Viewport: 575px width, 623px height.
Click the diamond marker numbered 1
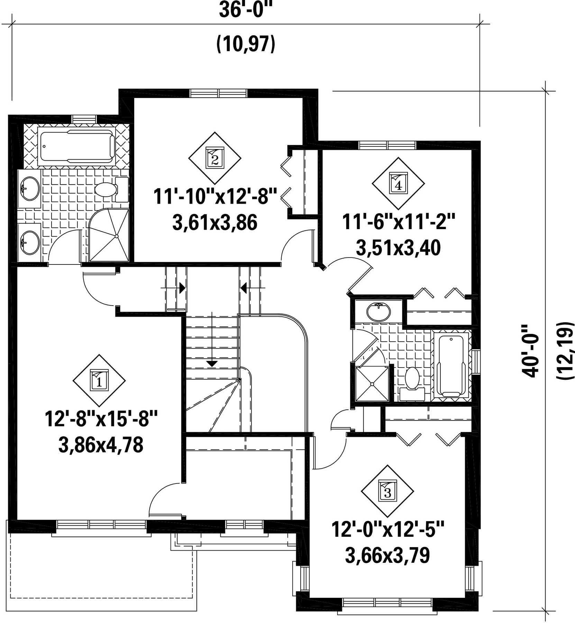(99, 380)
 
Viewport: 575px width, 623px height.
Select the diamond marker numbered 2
(215, 158)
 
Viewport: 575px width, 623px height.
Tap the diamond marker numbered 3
(387, 491)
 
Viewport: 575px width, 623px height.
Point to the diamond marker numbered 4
(398, 183)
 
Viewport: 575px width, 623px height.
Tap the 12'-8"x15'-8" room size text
(101, 418)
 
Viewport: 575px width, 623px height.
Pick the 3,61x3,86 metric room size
(215, 223)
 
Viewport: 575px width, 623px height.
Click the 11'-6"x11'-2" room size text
(398, 222)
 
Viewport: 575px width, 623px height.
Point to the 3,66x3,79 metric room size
(387, 555)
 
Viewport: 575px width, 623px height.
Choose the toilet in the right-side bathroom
(412, 384)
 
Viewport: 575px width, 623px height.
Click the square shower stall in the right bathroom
(372, 383)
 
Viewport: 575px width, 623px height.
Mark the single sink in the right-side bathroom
(379, 311)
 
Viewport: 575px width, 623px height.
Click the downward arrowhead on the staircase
(212, 364)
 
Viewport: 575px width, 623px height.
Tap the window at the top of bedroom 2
(219, 93)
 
